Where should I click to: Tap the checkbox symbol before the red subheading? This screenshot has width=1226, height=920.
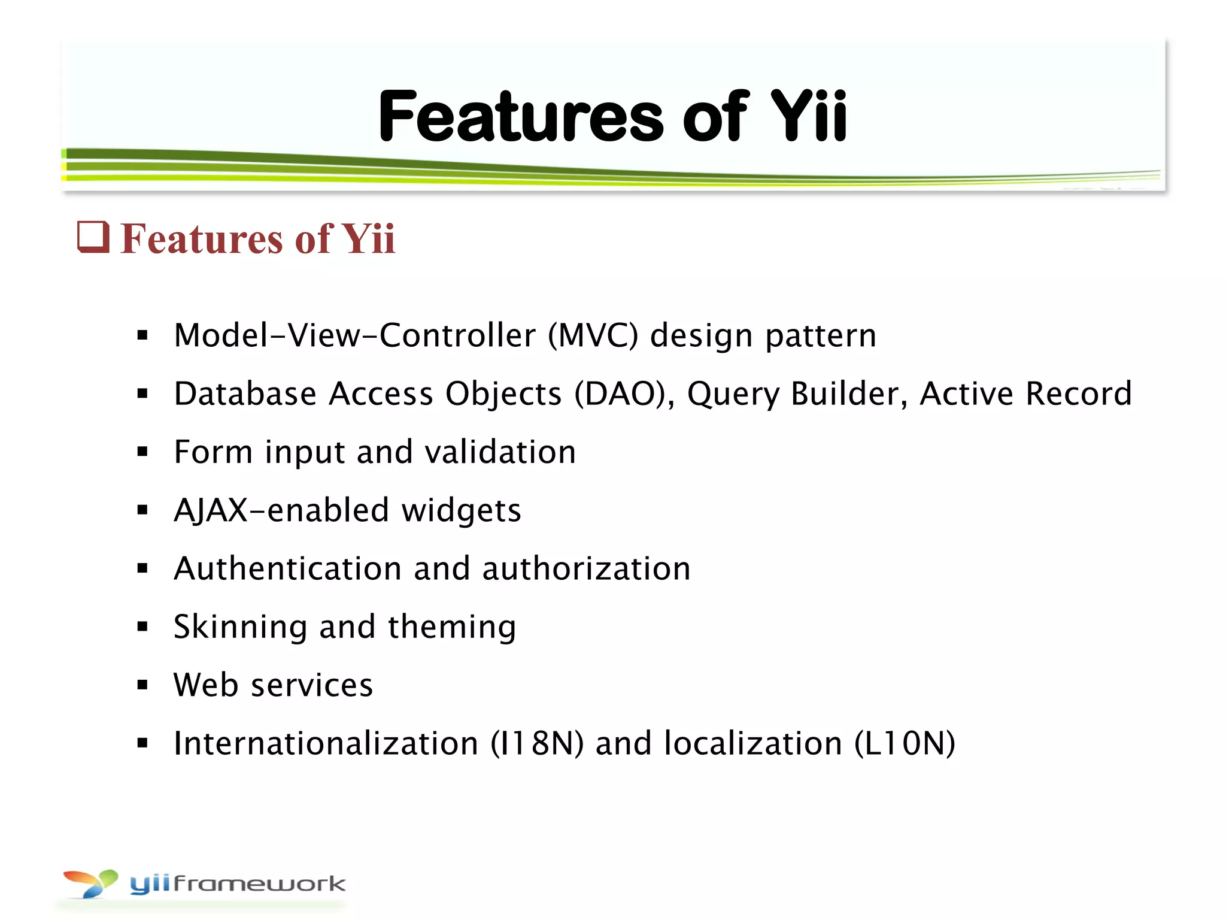93,237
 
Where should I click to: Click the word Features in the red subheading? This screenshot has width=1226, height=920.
202,239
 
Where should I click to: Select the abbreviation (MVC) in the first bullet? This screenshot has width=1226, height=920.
593,335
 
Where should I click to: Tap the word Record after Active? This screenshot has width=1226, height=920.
1078,394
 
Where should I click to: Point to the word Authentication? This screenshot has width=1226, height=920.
287,568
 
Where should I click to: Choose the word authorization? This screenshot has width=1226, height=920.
586,568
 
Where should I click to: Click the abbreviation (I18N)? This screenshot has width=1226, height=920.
537,743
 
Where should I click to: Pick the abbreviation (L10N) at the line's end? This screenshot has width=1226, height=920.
905,743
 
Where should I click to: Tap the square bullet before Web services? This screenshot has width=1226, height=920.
142,685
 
